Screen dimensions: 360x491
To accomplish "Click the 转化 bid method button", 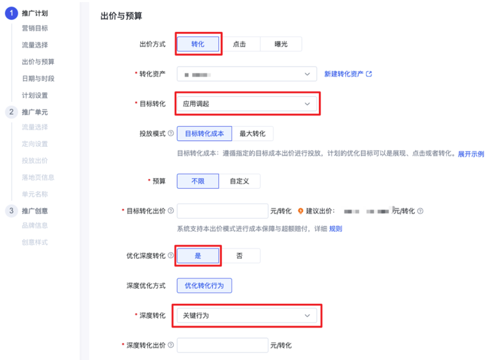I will pos(198,44).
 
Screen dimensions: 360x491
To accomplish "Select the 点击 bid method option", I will pos(239,44).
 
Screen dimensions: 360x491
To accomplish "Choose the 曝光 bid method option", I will pos(281,44).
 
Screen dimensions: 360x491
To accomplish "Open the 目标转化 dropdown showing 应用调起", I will pos(247,104).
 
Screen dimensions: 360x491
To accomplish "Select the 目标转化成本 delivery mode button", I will pos(204,133).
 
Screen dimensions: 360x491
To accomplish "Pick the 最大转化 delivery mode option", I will pos(252,133).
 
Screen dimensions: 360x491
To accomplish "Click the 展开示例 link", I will pos(471,154).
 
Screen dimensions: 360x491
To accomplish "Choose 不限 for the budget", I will pos(198,181).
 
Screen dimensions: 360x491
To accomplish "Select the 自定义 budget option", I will pos(239,181).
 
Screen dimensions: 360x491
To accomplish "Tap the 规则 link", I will pos(336,229).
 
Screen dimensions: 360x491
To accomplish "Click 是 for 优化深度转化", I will pos(198,256).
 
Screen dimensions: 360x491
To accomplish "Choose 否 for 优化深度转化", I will pos(239,256).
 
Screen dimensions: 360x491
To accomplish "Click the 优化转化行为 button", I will pos(204,286).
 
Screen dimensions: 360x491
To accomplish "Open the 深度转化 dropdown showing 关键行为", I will pos(247,315).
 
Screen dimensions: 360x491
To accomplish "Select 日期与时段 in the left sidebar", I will pos(38,78).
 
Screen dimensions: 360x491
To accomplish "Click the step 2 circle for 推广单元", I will pos(11,112).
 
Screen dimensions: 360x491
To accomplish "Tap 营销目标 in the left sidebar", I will pos(35,29).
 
